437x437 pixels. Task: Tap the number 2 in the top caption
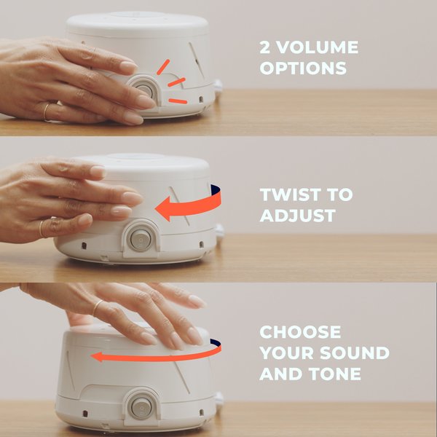[265, 48]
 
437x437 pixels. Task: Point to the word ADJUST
[297, 216]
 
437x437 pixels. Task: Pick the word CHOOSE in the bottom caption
[300, 333]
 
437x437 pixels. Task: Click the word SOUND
[353, 354]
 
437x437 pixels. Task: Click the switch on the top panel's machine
[144, 91]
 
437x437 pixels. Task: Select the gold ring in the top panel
[46, 111]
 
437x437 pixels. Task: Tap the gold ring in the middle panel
[42, 227]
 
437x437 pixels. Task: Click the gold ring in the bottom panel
[95, 307]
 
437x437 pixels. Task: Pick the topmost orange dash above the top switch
[165, 66]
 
